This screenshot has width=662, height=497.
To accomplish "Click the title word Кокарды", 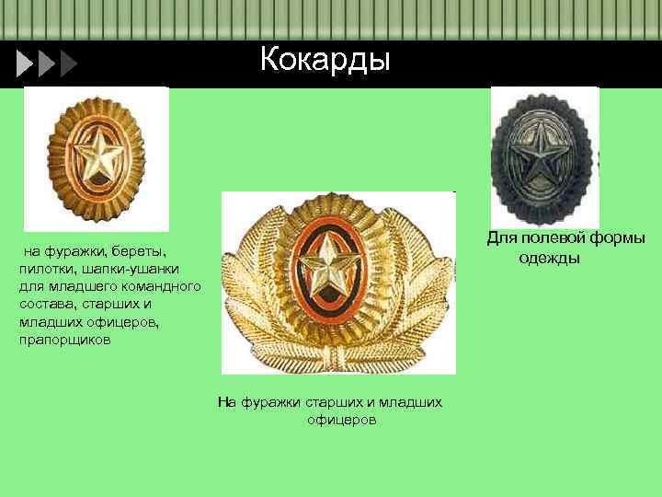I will pyautogui.click(x=325, y=60).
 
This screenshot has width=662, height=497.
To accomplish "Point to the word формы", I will pyautogui.click(x=619, y=238).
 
